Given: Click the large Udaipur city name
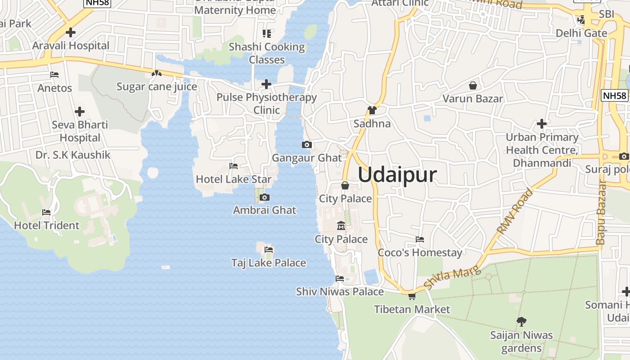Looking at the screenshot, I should (397, 175).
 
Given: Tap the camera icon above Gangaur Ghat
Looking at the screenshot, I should (307, 144).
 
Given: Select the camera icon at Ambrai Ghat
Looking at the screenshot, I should (265, 197).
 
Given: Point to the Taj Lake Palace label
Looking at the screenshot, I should (269, 263).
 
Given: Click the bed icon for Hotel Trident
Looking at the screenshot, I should (46, 212).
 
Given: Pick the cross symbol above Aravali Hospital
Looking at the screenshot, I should (71, 32).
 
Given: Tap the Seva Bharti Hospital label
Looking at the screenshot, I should (80, 131).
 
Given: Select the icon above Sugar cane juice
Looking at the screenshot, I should (156, 73).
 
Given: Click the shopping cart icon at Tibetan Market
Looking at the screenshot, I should (412, 296).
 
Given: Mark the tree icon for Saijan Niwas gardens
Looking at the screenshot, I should (522, 321).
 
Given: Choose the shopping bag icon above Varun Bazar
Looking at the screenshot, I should (473, 85).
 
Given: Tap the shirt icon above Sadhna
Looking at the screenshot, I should (372, 110).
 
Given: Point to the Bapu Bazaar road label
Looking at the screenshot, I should (601, 212).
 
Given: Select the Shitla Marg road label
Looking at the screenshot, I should (452, 278).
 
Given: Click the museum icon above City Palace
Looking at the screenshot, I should (341, 226).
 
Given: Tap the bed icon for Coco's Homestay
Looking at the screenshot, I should (420, 239).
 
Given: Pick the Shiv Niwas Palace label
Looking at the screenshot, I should (340, 292).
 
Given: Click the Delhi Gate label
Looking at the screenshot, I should (581, 33).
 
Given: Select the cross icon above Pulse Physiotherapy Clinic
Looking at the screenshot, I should (266, 84).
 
